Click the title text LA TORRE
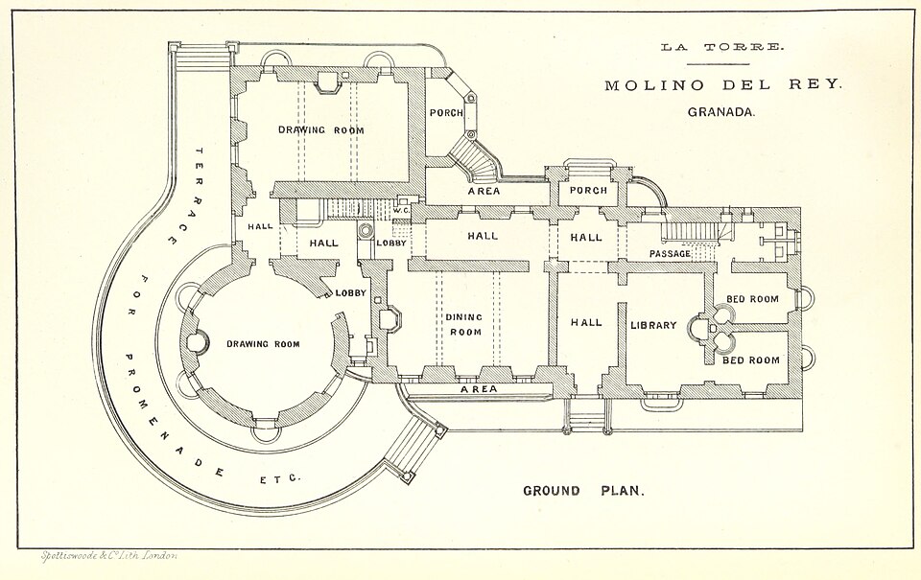[x=721, y=47]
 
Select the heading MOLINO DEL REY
[x=723, y=85]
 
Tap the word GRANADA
[x=721, y=112]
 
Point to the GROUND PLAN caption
[x=583, y=491]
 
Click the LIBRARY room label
[x=653, y=325]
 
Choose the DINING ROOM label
[x=463, y=324]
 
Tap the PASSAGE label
[x=670, y=254]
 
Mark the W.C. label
[x=401, y=210]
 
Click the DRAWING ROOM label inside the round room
[x=263, y=344]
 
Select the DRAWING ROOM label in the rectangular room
[x=320, y=129]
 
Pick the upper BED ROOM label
[x=752, y=299]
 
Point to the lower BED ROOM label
[x=751, y=360]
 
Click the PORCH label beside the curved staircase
[x=446, y=112]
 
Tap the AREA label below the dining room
[x=479, y=388]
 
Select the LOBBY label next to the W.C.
[x=391, y=243]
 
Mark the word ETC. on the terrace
[x=280, y=479]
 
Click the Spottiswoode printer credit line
[x=108, y=555]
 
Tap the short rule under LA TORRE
[x=718, y=63]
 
